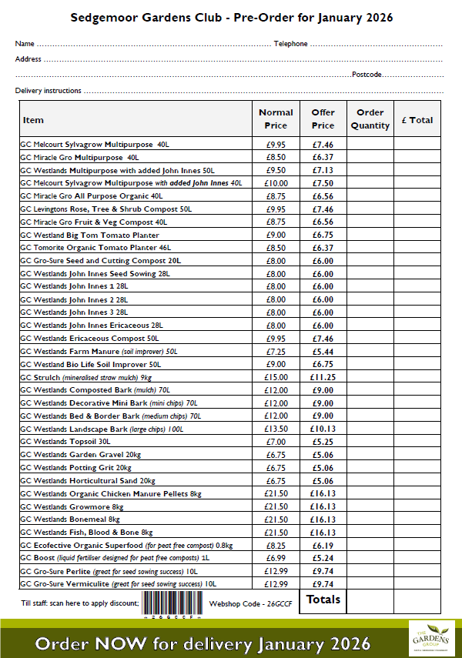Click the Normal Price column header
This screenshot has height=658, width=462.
276,119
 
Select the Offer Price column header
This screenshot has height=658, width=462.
323,119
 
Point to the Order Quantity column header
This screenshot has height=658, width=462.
370,119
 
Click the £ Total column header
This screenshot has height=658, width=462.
417,120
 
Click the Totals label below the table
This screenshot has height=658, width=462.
323,599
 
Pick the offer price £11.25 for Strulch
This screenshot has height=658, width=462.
323,378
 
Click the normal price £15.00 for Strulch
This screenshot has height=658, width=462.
276,378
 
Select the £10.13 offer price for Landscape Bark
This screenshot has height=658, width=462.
323,429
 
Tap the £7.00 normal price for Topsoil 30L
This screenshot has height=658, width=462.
276,442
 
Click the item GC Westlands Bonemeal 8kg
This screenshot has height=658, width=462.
72,519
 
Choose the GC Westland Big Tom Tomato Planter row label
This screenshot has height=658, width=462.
90,235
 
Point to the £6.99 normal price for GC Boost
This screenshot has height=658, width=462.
276,559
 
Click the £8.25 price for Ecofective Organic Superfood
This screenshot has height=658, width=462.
276,546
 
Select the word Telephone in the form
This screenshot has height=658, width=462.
290,44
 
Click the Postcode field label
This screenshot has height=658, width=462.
367,75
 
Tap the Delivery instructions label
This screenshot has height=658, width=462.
48,91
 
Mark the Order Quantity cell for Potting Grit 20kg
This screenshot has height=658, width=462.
370,468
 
